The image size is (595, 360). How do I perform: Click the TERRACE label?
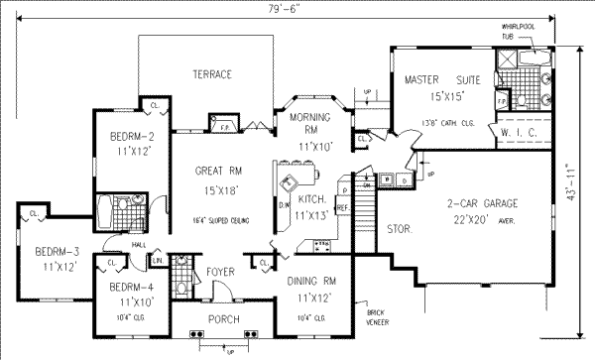[212, 74]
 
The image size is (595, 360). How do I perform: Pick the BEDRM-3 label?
[46, 251]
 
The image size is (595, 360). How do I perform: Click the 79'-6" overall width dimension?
[295, 8]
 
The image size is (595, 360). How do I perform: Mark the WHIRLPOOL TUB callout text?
[517, 31]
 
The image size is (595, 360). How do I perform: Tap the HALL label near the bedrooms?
[116, 243]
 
